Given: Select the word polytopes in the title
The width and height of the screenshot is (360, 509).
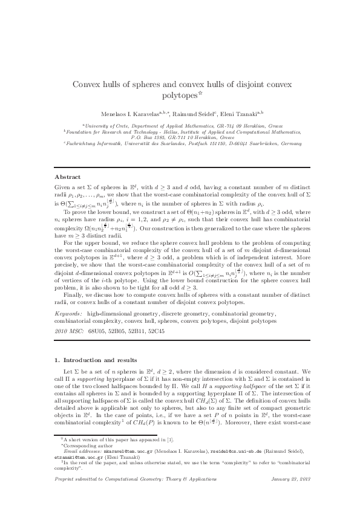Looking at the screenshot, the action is pos(180,96).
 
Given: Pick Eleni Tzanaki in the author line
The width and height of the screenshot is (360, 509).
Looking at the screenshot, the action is pos(241,114).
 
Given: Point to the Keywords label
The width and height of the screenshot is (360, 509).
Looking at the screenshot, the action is pos(68,315).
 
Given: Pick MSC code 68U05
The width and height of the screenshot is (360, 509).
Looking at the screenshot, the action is pos(97,332).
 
